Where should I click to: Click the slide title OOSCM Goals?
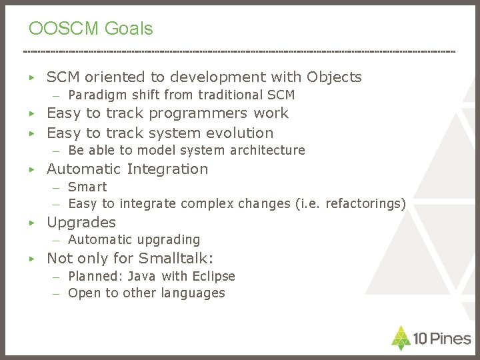91,29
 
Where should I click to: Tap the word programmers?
198,113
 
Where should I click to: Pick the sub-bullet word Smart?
87,187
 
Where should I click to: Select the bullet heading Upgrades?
81,223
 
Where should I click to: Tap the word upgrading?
169,239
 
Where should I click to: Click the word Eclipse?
213,276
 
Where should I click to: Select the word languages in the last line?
193,293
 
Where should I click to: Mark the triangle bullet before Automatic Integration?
31,169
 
